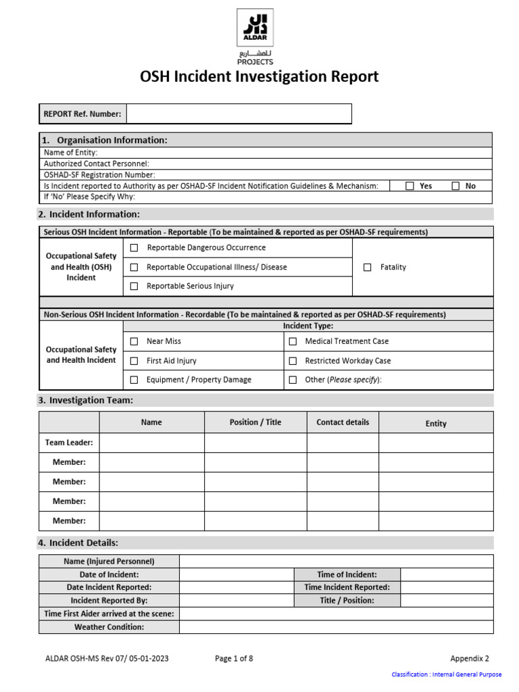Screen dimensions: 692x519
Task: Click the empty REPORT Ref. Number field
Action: (239, 114)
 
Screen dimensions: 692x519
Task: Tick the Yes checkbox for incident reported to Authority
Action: (410, 186)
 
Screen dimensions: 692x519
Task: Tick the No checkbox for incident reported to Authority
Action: (455, 186)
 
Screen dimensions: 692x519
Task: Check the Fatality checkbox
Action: (368, 267)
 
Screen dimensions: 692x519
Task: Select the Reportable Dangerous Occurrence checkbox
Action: (134, 248)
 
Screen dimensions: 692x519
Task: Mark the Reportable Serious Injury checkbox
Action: (134, 286)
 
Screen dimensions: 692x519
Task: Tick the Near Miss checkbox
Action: (134, 341)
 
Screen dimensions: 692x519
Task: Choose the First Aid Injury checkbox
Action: (134, 361)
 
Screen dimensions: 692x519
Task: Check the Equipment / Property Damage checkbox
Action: (134, 380)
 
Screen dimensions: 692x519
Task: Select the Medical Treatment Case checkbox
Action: (293, 341)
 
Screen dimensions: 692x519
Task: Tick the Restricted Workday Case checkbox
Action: (293, 361)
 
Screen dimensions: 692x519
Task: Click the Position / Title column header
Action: (255, 422)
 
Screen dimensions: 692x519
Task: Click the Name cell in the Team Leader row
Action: (151, 443)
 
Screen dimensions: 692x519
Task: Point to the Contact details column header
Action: (343, 422)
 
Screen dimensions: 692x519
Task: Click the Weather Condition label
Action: (109, 627)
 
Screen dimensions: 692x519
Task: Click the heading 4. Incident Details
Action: (78, 543)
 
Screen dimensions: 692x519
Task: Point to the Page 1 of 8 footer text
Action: (234, 658)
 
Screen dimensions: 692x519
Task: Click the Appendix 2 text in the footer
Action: (470, 658)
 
